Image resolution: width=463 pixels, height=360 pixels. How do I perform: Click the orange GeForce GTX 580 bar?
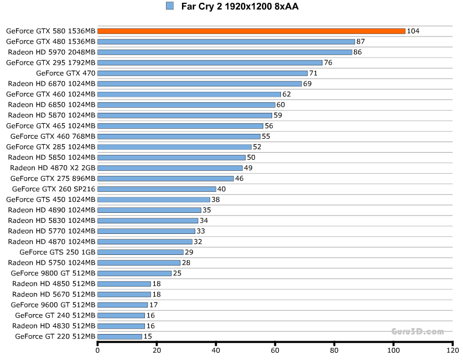pyautogui.click(x=251, y=31)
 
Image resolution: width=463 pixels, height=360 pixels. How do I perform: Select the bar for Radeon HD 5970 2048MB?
pyautogui.click(x=225, y=52)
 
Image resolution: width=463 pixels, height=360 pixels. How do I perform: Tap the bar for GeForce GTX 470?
pyautogui.click(x=202, y=73)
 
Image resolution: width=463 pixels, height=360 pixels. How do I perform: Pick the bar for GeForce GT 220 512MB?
pyautogui.click(x=119, y=336)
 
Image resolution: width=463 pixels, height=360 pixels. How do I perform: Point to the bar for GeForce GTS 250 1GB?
pyautogui.click(x=141, y=252)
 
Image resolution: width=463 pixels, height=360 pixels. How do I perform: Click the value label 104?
pyautogui.click(x=413, y=31)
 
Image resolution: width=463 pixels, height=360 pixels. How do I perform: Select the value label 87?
pyautogui.click(x=361, y=41)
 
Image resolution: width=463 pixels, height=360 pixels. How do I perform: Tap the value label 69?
pyautogui.click(x=308, y=84)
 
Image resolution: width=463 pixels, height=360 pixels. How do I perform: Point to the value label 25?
pyautogui.click(x=177, y=273)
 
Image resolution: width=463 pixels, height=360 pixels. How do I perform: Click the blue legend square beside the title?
pyautogui.click(x=170, y=6)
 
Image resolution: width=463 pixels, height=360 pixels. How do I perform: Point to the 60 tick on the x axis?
pyautogui.click(x=275, y=350)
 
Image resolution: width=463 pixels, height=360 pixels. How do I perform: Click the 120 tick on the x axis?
pyautogui.click(x=452, y=350)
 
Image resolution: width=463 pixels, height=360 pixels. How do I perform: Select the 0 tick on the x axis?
pyautogui.click(x=98, y=350)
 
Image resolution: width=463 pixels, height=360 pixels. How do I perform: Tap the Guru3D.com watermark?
pyautogui.click(x=418, y=332)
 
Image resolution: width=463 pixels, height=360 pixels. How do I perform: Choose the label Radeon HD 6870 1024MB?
pyautogui.click(x=51, y=84)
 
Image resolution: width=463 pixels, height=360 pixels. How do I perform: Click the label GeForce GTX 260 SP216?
pyautogui.click(x=53, y=189)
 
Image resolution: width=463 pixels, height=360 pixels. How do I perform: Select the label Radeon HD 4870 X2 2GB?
pyautogui.click(x=53, y=168)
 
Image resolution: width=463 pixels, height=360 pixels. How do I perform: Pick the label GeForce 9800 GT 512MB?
pyautogui.click(x=53, y=273)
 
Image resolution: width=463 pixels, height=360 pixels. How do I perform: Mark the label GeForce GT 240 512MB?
pyautogui.click(x=55, y=315)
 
